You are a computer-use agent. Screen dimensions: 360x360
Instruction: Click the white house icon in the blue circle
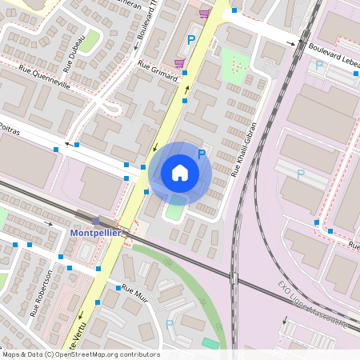(x=180, y=172)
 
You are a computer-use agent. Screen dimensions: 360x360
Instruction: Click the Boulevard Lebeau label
(x=332, y=50)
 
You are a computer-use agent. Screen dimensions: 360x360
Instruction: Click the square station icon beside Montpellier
(x=96, y=221)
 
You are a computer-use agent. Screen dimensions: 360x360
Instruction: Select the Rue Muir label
(x=135, y=295)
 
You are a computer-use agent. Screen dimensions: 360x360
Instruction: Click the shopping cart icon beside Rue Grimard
(x=180, y=63)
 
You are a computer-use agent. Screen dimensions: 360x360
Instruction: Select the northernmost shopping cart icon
(x=205, y=13)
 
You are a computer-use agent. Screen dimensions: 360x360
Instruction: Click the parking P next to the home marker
(x=202, y=154)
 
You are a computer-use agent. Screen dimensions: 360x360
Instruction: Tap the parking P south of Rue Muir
(x=169, y=324)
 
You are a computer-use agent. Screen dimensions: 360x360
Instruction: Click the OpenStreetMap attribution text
(x=81, y=354)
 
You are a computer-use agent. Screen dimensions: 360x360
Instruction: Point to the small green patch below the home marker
(x=174, y=211)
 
